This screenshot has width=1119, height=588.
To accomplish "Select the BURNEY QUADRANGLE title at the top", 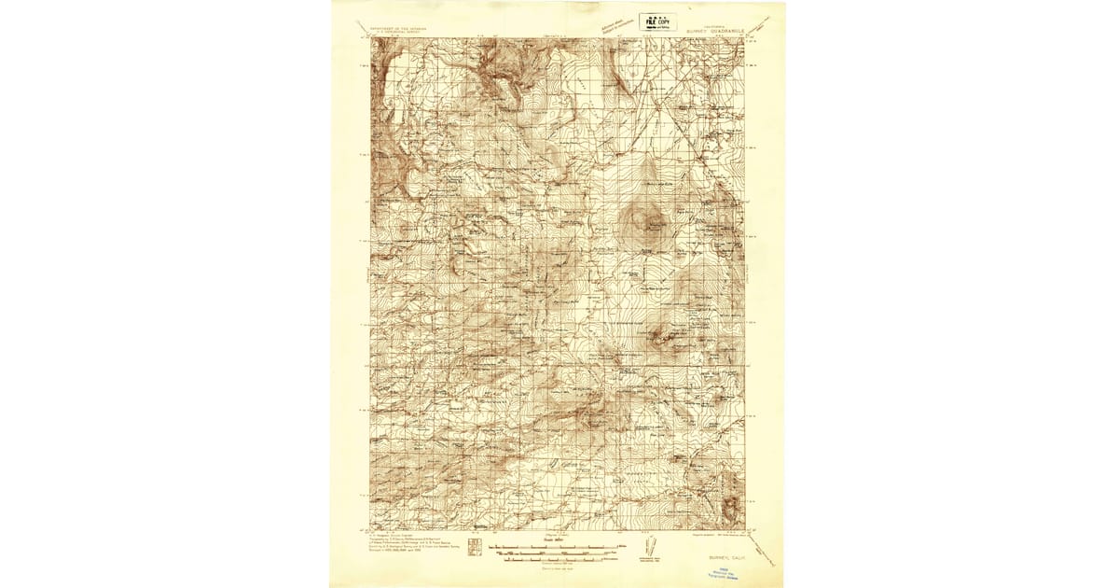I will point(713,29).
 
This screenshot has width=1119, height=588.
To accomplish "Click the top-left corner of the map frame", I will point(370,38).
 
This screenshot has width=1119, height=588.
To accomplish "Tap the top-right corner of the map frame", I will point(745,38).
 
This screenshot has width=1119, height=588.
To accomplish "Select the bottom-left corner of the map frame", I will point(370,529).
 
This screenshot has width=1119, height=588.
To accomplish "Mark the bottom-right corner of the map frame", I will point(745,529).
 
